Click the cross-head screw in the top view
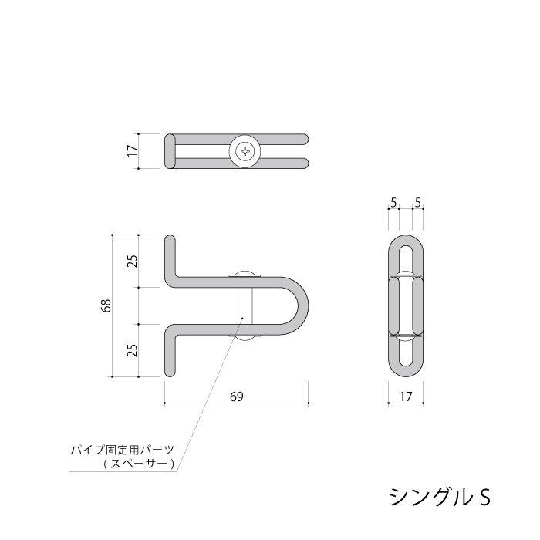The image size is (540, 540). pos(246,151)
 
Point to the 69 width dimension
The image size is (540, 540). pos(237,397)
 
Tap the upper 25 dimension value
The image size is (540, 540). pos(132,260)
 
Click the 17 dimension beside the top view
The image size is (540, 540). pos(131,151)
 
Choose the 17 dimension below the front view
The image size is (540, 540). pos(405,397)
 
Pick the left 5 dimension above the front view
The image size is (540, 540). pos(393,204)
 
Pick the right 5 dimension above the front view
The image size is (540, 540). pos(417,204)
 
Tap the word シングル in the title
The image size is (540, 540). pos(427,494)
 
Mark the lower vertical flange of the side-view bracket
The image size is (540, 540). pos(170,353)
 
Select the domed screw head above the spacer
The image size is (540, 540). pos(244,272)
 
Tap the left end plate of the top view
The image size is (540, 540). pos(170,151)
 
